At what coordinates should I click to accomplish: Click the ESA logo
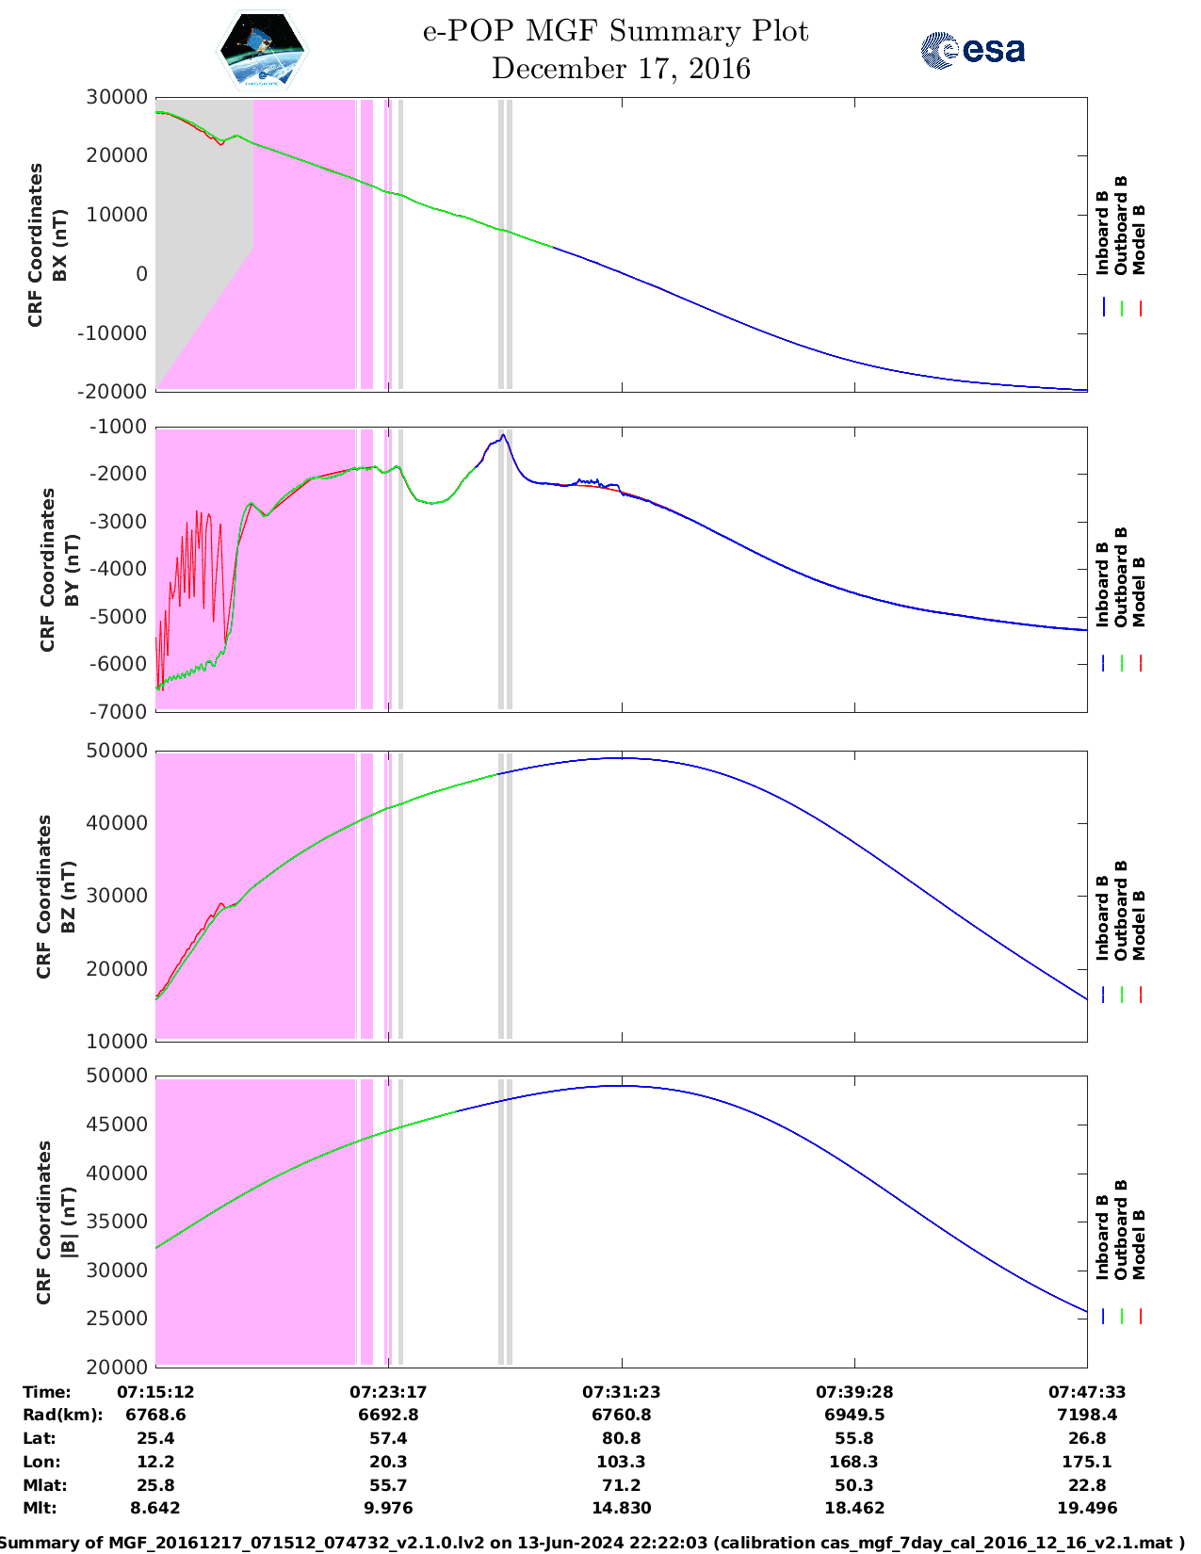972,50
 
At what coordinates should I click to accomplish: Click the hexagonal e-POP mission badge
262,50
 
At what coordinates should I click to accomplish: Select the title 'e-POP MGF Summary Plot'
615,31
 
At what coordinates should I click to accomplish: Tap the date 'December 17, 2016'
621,69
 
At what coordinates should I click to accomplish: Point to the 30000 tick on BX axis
117,97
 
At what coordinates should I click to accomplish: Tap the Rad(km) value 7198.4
1087,1415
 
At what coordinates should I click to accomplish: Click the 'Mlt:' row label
40,1508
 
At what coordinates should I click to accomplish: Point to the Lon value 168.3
854,1462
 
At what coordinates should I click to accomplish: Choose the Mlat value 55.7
388,1485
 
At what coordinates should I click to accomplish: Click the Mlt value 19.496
1087,1508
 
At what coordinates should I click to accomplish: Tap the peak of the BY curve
504,435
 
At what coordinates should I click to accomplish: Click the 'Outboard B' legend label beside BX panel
1121,225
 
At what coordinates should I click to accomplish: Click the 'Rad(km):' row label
62,1415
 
